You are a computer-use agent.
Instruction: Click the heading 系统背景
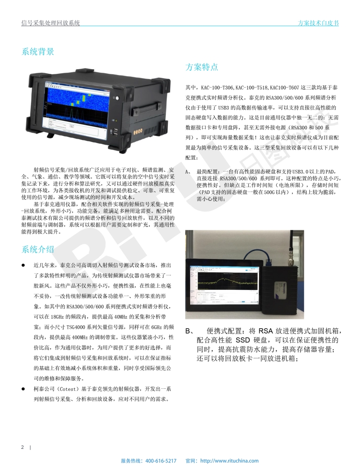point(38,52)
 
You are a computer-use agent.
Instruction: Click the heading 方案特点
point(202,67)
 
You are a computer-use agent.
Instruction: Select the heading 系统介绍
point(38,249)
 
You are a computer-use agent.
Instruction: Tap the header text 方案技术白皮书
point(318,23)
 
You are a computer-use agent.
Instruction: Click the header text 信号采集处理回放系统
point(50,23)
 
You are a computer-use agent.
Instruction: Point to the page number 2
point(22,447)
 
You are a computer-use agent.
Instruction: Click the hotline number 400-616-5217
point(161,461)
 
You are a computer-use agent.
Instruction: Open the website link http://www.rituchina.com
point(229,461)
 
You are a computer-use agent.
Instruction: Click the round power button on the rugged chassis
point(117,98)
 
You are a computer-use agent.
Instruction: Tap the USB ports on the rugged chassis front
point(115,132)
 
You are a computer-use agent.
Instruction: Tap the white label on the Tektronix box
point(282,293)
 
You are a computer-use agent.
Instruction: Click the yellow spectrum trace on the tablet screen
point(226,281)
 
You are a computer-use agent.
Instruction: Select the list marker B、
point(190,331)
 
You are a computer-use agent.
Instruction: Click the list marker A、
point(188,172)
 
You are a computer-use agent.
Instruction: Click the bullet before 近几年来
point(23,265)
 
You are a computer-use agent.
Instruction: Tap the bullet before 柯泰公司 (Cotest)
point(23,389)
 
